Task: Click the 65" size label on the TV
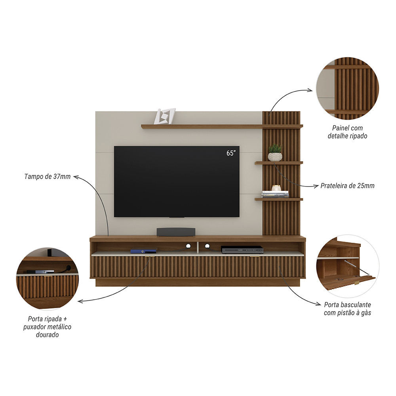(231, 153)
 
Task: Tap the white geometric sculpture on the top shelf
(164, 116)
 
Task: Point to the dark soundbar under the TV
(176, 232)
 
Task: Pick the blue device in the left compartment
(138, 251)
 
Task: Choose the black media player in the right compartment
(242, 249)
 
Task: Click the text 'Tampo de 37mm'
(47, 177)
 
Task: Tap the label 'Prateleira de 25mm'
(347, 185)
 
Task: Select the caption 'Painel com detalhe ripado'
(347, 132)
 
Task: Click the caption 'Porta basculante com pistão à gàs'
(347, 309)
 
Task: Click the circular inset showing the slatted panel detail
(347, 88)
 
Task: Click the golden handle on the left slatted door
(148, 257)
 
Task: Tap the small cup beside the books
(276, 188)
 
